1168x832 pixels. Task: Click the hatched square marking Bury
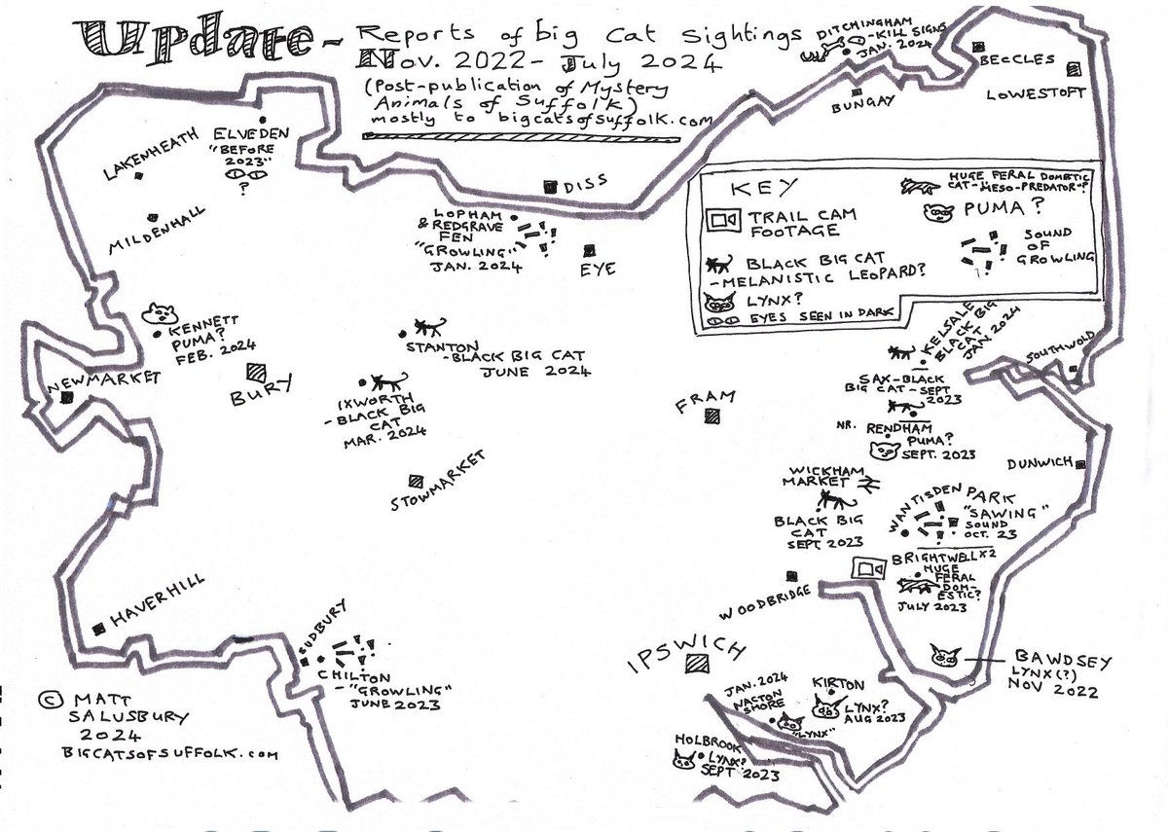coord(257,372)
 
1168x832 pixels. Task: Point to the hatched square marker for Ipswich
coord(696,665)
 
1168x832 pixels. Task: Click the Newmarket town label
coord(103,384)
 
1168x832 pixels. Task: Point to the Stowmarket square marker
coord(416,480)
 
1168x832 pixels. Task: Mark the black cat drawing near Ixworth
coord(391,383)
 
